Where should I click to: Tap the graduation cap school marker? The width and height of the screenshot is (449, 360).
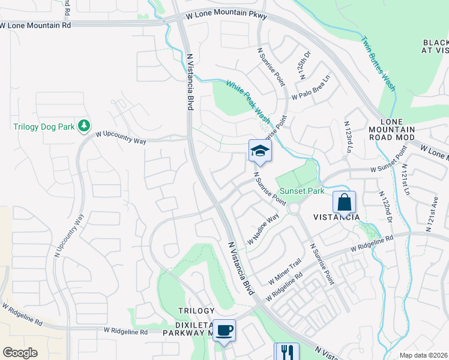260,151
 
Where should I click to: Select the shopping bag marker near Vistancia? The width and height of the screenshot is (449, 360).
344,202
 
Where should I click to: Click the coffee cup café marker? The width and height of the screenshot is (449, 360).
224,331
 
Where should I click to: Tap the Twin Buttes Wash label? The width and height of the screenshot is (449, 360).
378,64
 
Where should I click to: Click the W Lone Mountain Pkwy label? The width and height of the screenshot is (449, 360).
225,14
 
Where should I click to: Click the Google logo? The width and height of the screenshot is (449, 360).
20,352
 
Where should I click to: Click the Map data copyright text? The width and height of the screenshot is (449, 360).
423,355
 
